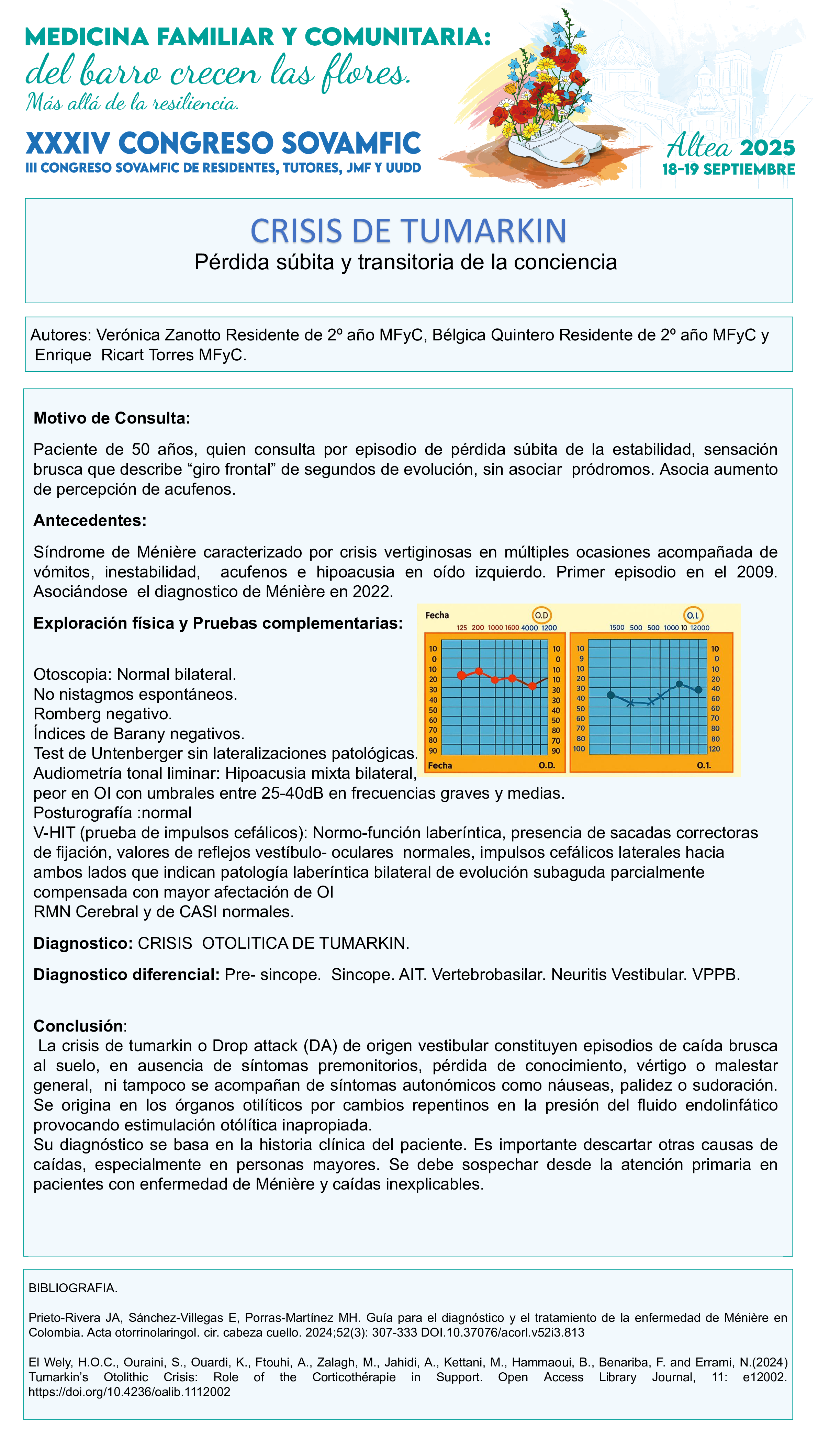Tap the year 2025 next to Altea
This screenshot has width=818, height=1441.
(x=767, y=148)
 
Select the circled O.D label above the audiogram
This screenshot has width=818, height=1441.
(x=541, y=616)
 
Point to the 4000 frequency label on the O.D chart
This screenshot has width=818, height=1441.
(x=529, y=628)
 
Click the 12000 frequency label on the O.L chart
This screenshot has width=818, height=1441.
(x=700, y=628)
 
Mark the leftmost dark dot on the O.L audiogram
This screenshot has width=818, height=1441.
(x=611, y=695)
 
